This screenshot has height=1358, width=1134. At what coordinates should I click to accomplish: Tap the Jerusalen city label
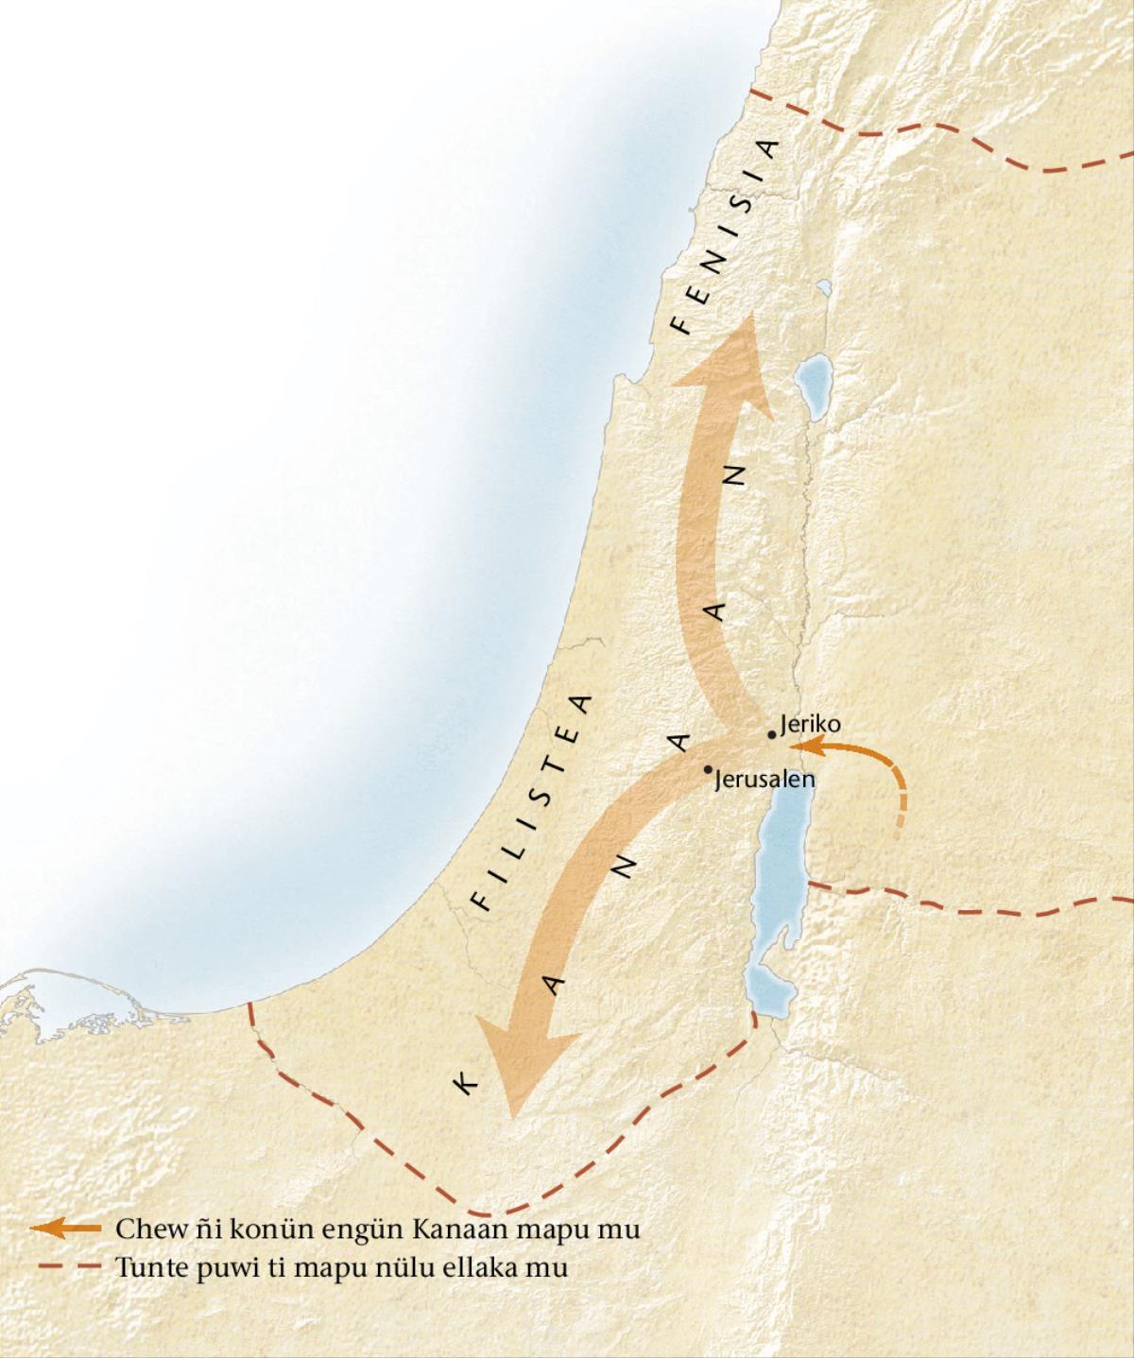(x=765, y=781)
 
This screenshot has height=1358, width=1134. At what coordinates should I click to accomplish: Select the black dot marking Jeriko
(x=773, y=734)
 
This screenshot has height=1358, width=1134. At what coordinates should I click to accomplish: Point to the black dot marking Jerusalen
(x=709, y=769)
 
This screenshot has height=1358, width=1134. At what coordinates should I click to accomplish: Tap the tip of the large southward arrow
(x=512, y=1115)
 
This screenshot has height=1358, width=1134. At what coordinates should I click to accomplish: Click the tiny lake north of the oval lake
(x=824, y=286)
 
